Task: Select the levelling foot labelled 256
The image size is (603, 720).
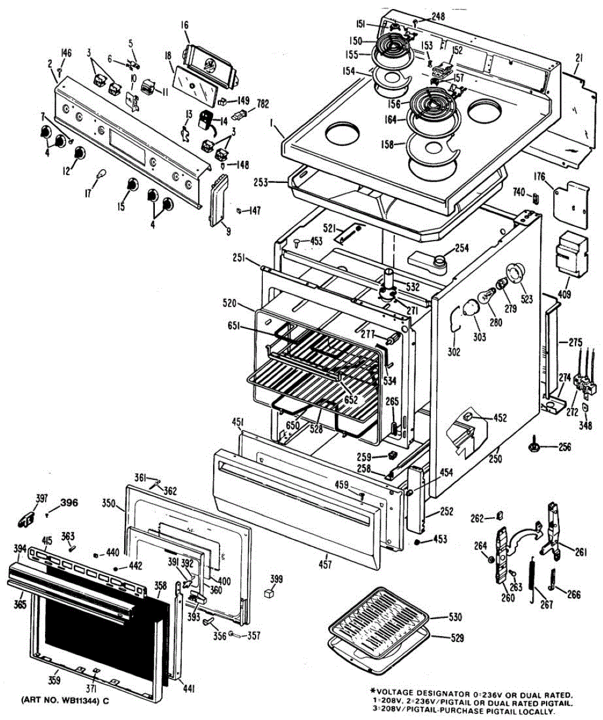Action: click(533, 446)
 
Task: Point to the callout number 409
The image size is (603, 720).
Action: click(564, 295)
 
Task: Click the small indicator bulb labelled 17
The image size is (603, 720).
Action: click(103, 175)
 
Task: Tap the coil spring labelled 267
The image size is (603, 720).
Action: click(532, 579)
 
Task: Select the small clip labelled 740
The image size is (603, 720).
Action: click(536, 196)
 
